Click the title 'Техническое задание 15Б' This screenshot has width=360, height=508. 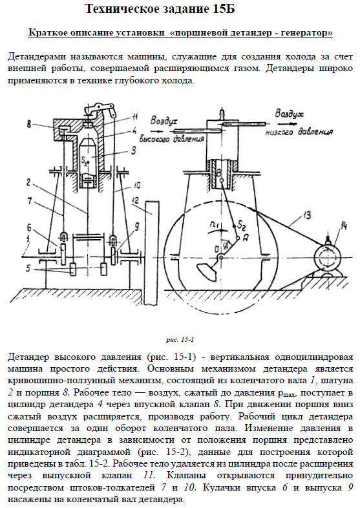click(160, 9)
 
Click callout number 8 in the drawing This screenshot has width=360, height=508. click(29, 124)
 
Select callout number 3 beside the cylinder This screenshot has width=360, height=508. click(134, 151)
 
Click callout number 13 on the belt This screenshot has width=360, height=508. click(307, 215)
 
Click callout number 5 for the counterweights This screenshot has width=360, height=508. click(28, 268)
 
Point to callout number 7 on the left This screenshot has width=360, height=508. click(30, 201)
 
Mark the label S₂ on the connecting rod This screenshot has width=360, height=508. click(242, 224)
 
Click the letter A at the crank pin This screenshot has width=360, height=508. click(246, 238)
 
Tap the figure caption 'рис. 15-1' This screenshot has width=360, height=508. click(180, 340)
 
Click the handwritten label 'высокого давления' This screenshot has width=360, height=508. click(172, 138)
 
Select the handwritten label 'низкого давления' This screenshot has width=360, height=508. click(299, 132)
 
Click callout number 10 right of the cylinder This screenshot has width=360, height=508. click(136, 185)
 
